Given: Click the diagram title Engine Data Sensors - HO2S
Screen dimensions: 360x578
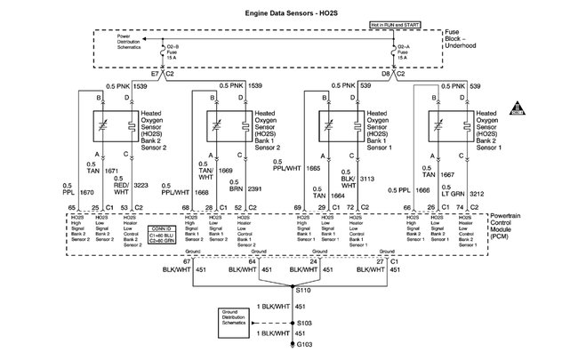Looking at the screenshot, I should click(290, 14).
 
